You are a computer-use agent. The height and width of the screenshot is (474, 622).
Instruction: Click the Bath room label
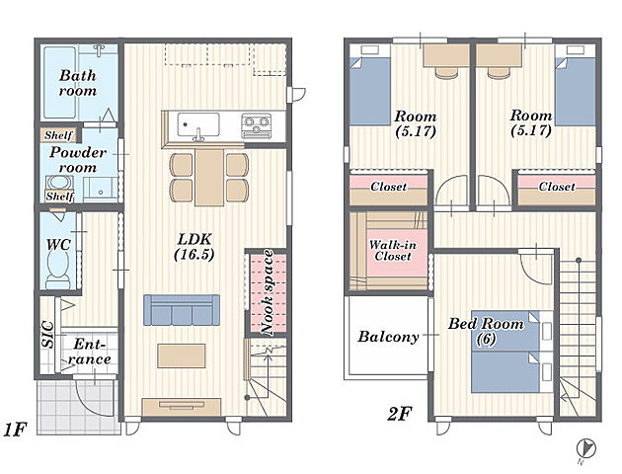click(78, 83)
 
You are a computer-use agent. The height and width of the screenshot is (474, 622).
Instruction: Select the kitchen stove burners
click(257, 125)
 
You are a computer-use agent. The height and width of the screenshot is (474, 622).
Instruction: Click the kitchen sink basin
click(198, 125)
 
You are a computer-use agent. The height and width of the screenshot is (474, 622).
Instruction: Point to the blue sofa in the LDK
click(182, 310)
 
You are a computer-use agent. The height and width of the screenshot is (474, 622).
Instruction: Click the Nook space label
click(267, 292)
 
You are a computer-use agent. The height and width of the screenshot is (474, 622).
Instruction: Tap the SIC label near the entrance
click(47, 335)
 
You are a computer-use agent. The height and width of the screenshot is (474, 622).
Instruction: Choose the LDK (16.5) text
click(194, 246)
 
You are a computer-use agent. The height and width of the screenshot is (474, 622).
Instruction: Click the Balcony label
click(388, 337)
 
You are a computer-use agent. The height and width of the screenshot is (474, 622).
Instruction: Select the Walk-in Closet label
click(393, 250)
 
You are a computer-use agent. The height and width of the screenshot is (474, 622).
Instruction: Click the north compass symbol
click(585, 449)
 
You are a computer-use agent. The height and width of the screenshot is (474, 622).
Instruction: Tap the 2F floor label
click(399, 415)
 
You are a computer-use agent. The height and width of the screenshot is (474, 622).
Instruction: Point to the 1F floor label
click(14, 430)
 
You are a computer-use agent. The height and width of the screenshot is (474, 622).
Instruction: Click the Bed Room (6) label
click(486, 331)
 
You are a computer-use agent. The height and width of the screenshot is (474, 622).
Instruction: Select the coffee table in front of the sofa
click(182, 355)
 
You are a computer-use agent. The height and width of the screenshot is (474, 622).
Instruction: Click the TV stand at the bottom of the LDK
click(182, 408)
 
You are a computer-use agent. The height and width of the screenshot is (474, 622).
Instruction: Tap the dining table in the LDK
click(209, 178)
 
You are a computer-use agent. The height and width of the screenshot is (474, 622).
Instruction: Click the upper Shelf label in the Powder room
click(58, 135)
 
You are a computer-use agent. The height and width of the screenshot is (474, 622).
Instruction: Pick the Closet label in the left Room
click(389, 187)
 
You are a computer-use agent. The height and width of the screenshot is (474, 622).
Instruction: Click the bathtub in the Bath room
click(59, 83)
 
